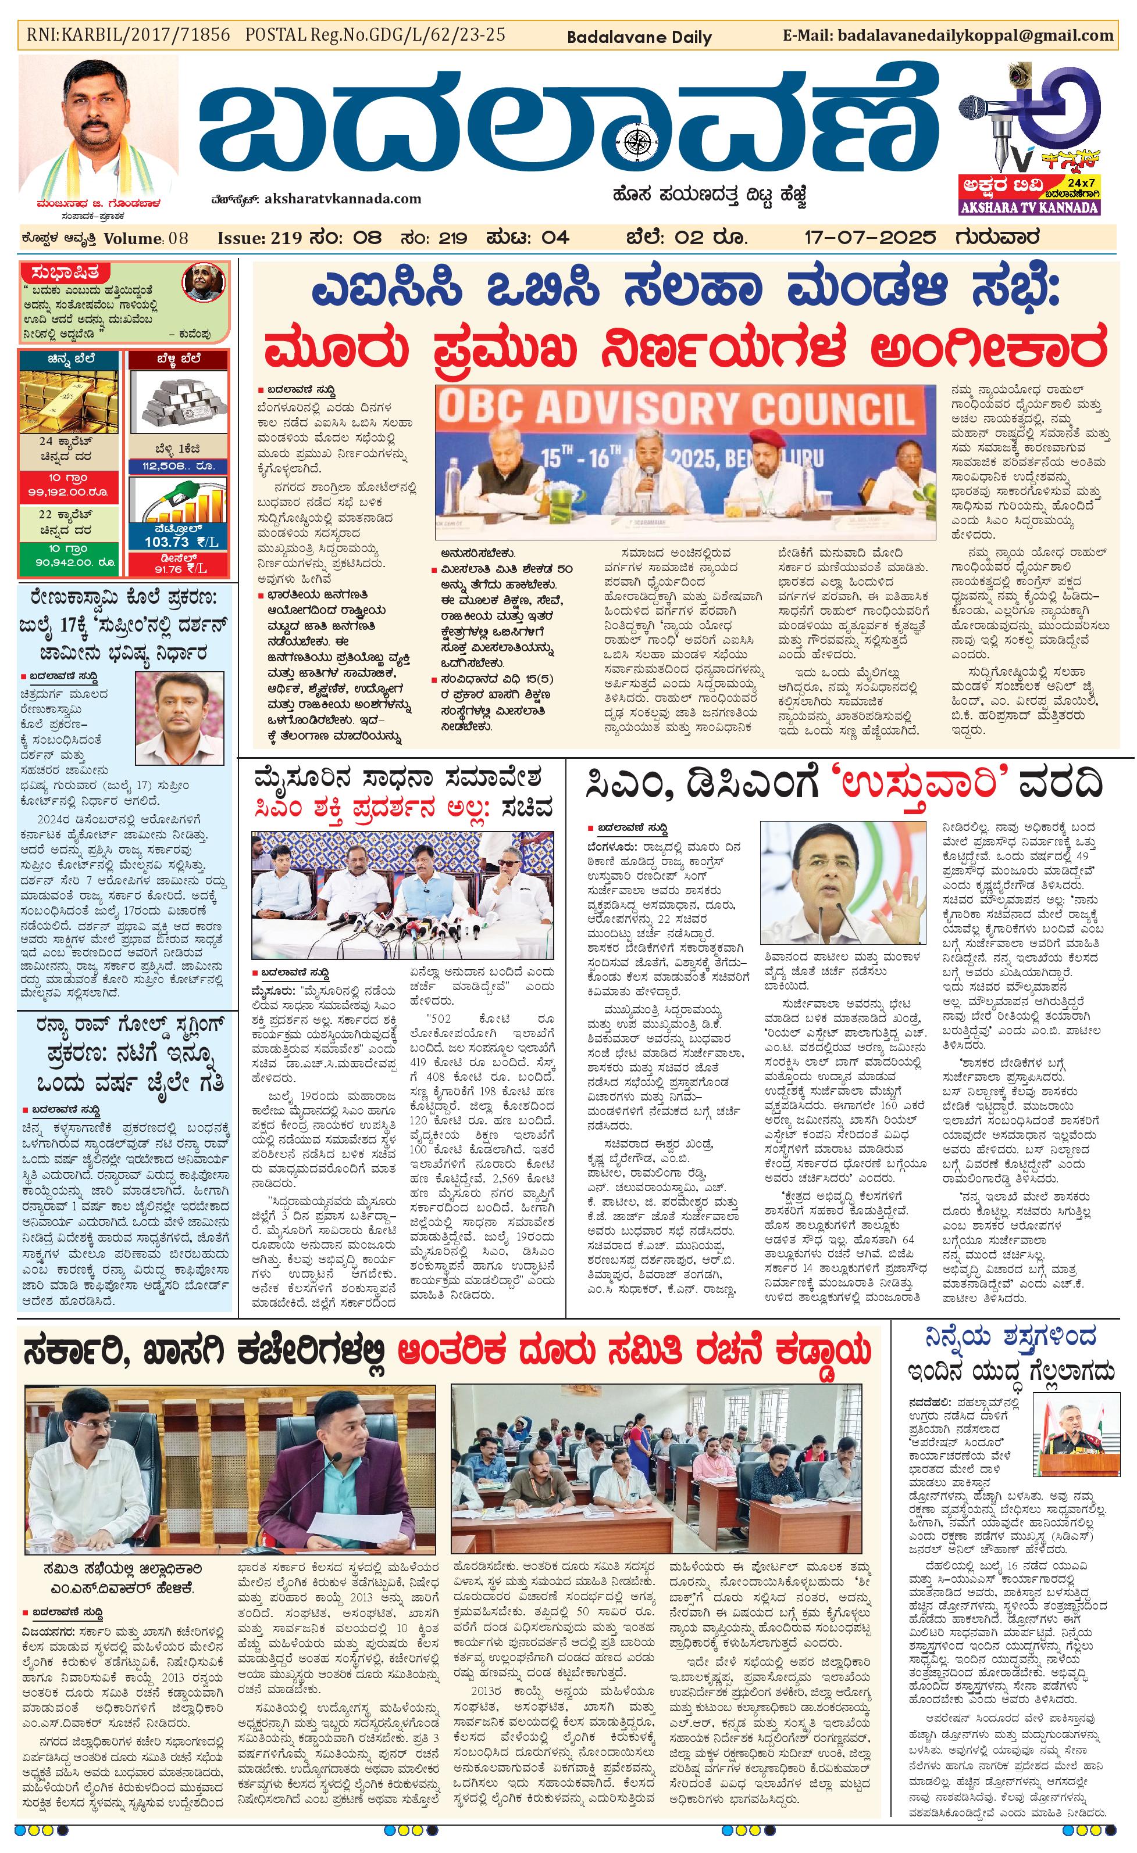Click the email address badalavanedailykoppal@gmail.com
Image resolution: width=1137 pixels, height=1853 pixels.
(x=975, y=35)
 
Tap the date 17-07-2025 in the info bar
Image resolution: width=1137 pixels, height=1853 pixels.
(x=870, y=238)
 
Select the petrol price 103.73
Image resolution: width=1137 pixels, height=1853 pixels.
(x=167, y=541)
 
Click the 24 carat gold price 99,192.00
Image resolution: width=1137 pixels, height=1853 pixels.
(x=67, y=492)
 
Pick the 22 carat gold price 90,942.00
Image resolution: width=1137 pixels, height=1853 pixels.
(x=67, y=562)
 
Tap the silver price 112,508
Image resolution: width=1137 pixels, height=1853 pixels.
(x=174, y=466)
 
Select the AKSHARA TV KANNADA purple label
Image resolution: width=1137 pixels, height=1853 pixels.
(x=1029, y=207)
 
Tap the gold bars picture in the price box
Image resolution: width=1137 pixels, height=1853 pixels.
(x=69, y=396)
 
